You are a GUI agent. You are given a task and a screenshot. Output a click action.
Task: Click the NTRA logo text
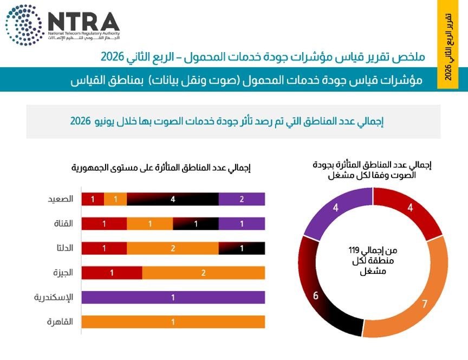[84, 22]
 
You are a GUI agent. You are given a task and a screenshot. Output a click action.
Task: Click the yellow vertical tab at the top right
[448, 44]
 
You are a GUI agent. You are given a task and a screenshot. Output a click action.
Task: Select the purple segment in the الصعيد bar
[242, 200]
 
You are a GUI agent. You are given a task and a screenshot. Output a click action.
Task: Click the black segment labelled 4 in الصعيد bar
[173, 200]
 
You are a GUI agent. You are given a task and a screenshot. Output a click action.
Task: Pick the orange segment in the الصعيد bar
[115, 200]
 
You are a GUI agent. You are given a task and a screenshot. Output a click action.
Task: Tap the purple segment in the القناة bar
[242, 224]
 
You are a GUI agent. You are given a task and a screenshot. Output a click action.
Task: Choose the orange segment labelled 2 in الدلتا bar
[173, 248]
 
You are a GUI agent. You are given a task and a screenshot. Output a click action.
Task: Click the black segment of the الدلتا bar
[242, 248]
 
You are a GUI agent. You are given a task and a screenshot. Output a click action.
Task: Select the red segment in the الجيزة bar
[112, 273]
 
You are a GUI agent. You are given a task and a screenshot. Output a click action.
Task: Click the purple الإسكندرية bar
[173, 298]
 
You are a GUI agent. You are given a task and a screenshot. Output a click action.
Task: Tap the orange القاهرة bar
[173, 322]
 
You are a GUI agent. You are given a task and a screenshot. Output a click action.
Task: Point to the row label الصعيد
[61, 199]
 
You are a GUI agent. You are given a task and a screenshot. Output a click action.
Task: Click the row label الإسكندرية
[54, 298]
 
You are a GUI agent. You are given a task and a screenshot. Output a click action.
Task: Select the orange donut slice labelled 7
[424, 302]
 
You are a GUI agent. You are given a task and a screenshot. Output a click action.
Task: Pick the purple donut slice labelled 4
[336, 208]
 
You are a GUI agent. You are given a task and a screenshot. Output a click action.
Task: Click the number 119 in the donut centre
[354, 250]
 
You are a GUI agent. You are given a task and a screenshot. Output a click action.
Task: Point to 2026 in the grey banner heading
[80, 121]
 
